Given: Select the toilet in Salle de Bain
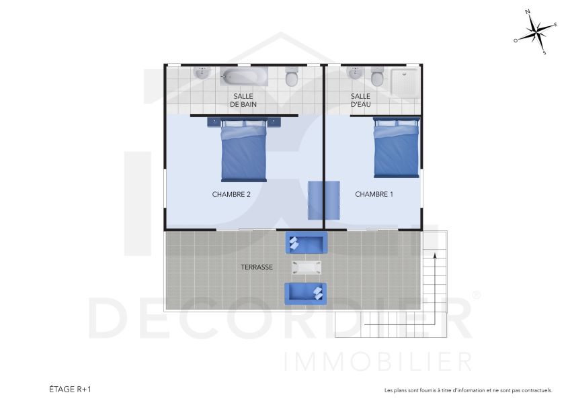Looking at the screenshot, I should click(292, 78).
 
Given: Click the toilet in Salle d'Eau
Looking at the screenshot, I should click(378, 77).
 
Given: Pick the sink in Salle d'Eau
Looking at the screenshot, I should click(354, 72).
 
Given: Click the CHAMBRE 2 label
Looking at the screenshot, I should click(231, 195).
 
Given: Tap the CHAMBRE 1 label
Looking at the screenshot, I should click(374, 195).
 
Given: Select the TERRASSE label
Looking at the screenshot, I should click(257, 267).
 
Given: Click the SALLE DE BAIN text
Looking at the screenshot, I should click(243, 101).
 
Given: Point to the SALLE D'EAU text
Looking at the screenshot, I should click(360, 101).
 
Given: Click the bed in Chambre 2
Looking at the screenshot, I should click(244, 151).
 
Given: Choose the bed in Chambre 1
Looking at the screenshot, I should click(397, 149).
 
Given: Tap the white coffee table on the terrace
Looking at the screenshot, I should click(307, 267).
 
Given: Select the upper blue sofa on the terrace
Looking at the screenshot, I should click(307, 243).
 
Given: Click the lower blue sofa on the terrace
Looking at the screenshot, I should click(306, 293).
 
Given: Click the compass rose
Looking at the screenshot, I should click(536, 32).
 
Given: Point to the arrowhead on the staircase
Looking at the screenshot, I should click(435, 255).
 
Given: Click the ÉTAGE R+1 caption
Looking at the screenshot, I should click(70, 389).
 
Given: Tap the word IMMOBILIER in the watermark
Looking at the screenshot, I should click(378, 361).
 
